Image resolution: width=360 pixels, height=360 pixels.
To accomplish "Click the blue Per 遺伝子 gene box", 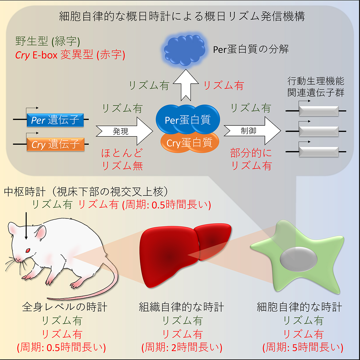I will pos(55,120).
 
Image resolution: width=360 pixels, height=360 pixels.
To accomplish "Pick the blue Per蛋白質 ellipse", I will pos(188,120).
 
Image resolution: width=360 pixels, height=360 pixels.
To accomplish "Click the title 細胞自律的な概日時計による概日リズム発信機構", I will pos(182,16).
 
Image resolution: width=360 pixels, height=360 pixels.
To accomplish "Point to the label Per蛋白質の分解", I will pos(251,49).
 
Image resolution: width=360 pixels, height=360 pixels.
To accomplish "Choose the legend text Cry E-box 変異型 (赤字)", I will pos(70,55).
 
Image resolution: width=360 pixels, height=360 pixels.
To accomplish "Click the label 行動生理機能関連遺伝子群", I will pos(316,87).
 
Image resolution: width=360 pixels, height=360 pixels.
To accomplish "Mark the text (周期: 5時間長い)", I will pos(303,347).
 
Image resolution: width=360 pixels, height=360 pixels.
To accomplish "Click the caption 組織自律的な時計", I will pos(181,307).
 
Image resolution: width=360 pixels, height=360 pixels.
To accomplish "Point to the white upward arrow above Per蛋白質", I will pos(186,85).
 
